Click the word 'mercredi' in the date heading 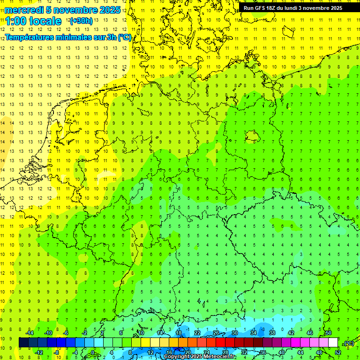pos(24,10)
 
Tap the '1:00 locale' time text pos(33,21)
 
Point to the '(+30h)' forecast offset pos(81,21)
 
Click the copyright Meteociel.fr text pos(200,357)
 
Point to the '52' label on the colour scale pos(337,352)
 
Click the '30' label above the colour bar pos(234,333)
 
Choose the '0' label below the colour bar pos(93,352)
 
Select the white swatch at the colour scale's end pos(333,343)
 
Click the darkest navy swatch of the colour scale pos(23,343)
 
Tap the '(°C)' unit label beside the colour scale pos(348,343)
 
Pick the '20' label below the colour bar pos(187,352)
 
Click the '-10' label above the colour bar pos(48,333)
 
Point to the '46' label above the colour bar pos(309,333)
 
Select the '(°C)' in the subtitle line pos(124,37)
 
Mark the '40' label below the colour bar pos(281,352)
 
